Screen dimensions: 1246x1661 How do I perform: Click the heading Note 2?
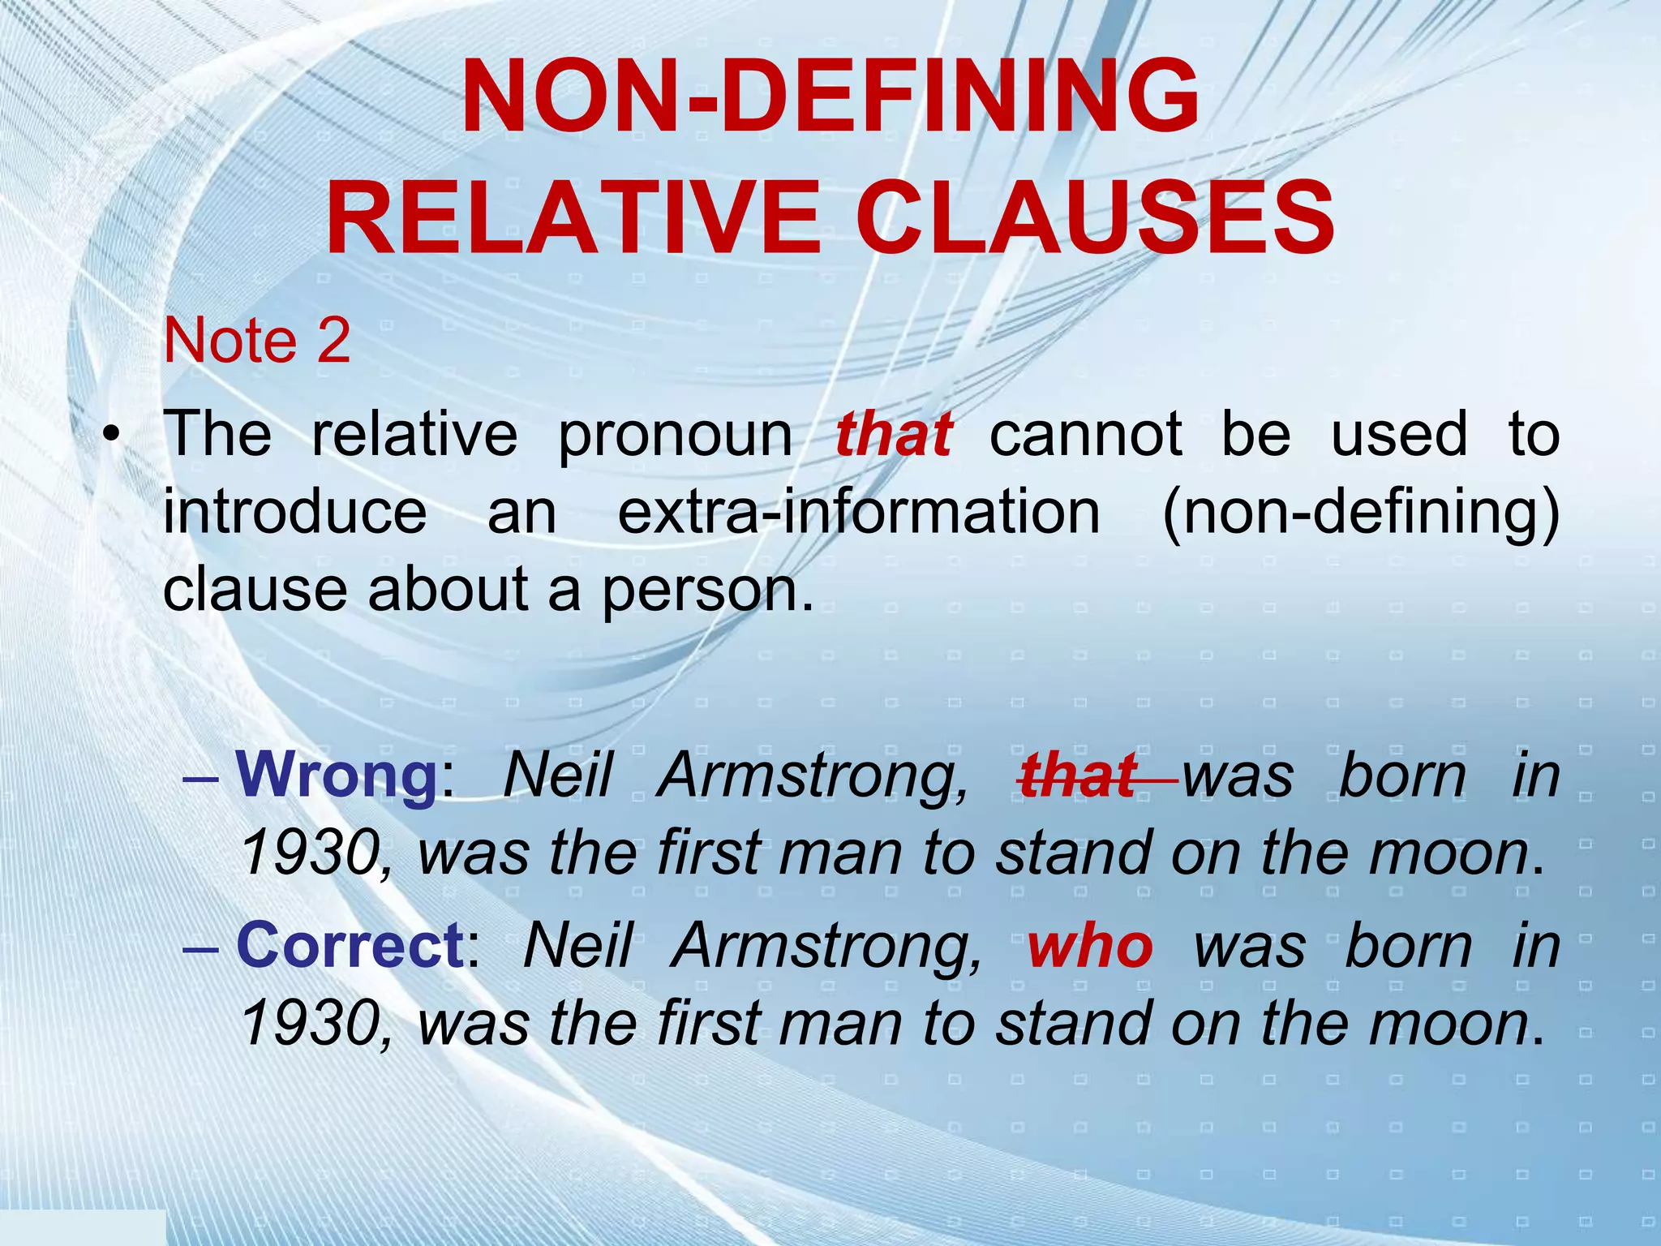coord(256,341)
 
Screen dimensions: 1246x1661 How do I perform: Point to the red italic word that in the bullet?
coord(893,435)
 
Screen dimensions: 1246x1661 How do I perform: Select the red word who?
coord(1089,947)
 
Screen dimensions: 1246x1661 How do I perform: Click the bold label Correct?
coord(350,947)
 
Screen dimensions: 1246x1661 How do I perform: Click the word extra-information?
coord(859,513)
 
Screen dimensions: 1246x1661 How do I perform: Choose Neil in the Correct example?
coord(577,947)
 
